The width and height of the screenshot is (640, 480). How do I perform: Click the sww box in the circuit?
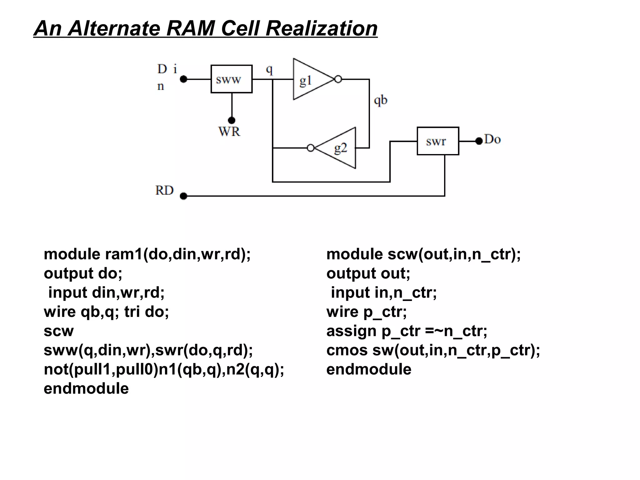[231, 79]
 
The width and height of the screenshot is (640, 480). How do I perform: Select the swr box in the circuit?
[438, 141]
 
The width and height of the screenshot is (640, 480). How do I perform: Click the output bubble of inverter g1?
[338, 79]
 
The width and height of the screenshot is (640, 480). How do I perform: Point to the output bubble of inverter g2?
[311, 148]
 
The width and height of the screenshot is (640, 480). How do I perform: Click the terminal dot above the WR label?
[232, 120]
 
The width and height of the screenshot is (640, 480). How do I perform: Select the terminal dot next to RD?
[184, 196]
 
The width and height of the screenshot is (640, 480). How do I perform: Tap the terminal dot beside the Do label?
[479, 141]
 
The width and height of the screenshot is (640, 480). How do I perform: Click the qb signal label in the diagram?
[380, 100]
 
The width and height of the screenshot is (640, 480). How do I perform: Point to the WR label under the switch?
[229, 132]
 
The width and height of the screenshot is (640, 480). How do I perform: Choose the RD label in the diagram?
[164, 190]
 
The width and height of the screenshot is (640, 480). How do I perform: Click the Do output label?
[492, 139]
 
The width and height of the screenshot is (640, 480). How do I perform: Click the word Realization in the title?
[322, 28]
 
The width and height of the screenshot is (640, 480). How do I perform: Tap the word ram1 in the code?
[124, 254]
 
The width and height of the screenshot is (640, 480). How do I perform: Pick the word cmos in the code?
[347, 350]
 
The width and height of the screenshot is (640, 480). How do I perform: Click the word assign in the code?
[351, 331]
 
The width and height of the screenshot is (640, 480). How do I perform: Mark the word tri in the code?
[132, 312]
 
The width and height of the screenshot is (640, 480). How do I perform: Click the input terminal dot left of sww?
[184, 79]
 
